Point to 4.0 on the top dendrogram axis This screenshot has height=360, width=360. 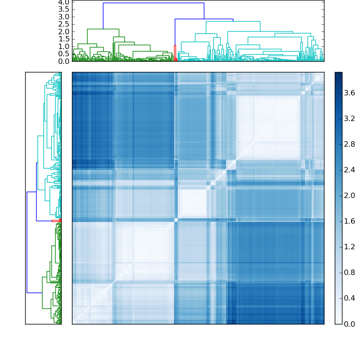click(64, 2)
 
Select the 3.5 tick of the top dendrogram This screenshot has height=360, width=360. click(64, 9)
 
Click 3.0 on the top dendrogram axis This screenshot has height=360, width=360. click(64, 17)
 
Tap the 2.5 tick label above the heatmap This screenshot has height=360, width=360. click(64, 24)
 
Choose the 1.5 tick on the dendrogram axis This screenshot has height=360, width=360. click(64, 39)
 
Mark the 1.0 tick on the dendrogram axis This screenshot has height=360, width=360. click(64, 46)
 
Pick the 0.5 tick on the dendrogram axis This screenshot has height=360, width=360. click(64, 54)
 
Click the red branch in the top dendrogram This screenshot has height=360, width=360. click(175, 49)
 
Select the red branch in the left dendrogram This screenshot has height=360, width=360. click(55, 220)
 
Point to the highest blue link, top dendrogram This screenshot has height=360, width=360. click(153, 3)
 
